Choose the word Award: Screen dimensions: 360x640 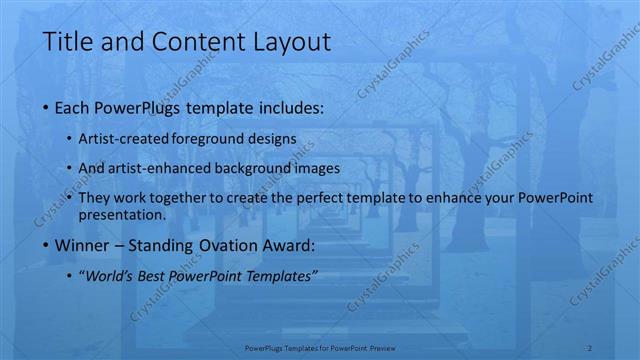(293, 245)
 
